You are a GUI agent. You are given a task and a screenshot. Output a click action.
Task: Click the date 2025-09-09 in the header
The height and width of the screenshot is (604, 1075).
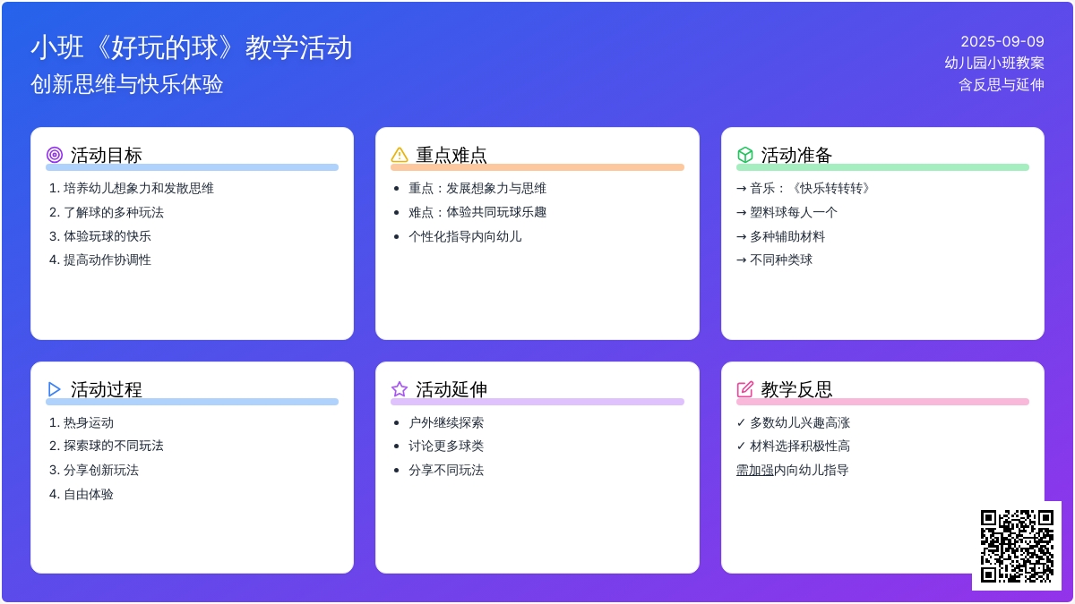(x=1002, y=42)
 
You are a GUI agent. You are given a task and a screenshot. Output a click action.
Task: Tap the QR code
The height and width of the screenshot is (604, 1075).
(x=1017, y=546)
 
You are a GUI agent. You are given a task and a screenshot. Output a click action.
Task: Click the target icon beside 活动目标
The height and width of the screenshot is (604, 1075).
(x=55, y=155)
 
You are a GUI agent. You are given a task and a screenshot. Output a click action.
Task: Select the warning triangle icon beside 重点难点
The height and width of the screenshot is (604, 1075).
(x=400, y=155)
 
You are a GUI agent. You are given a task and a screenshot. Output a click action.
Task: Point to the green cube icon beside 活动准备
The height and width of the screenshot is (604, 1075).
(x=744, y=155)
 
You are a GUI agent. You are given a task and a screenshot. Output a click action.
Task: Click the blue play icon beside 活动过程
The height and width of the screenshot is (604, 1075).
(x=55, y=389)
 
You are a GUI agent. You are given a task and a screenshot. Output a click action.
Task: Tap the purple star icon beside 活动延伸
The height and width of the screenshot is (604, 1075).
(x=400, y=389)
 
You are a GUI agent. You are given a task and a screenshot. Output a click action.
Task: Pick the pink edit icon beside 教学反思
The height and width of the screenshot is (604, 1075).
(x=744, y=389)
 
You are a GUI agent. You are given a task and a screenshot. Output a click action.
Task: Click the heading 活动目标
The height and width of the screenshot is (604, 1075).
(x=106, y=156)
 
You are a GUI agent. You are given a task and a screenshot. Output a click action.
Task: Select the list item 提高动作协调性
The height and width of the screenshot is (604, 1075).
(x=107, y=259)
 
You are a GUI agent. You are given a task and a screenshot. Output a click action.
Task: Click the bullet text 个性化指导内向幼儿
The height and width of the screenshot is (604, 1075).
(x=465, y=236)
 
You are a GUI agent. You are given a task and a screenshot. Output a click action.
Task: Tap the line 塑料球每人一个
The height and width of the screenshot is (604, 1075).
(x=794, y=212)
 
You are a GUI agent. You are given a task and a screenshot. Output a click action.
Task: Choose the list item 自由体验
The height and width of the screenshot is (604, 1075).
(x=89, y=494)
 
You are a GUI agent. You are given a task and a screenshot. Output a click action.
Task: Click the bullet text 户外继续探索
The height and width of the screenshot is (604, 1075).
(x=446, y=422)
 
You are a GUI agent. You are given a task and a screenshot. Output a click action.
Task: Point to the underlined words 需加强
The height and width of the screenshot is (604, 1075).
(x=755, y=471)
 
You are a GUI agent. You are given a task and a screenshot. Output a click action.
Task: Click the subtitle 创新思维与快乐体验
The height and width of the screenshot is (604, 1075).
(x=127, y=84)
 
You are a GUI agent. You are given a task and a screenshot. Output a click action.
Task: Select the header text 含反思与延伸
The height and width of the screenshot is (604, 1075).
(x=1002, y=85)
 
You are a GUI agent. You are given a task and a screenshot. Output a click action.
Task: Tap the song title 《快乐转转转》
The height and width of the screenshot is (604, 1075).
(x=830, y=189)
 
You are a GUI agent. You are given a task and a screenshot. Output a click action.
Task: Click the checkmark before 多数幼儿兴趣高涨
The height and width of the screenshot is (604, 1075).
(x=741, y=422)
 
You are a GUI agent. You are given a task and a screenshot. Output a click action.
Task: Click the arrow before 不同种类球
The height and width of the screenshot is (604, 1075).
(x=741, y=260)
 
